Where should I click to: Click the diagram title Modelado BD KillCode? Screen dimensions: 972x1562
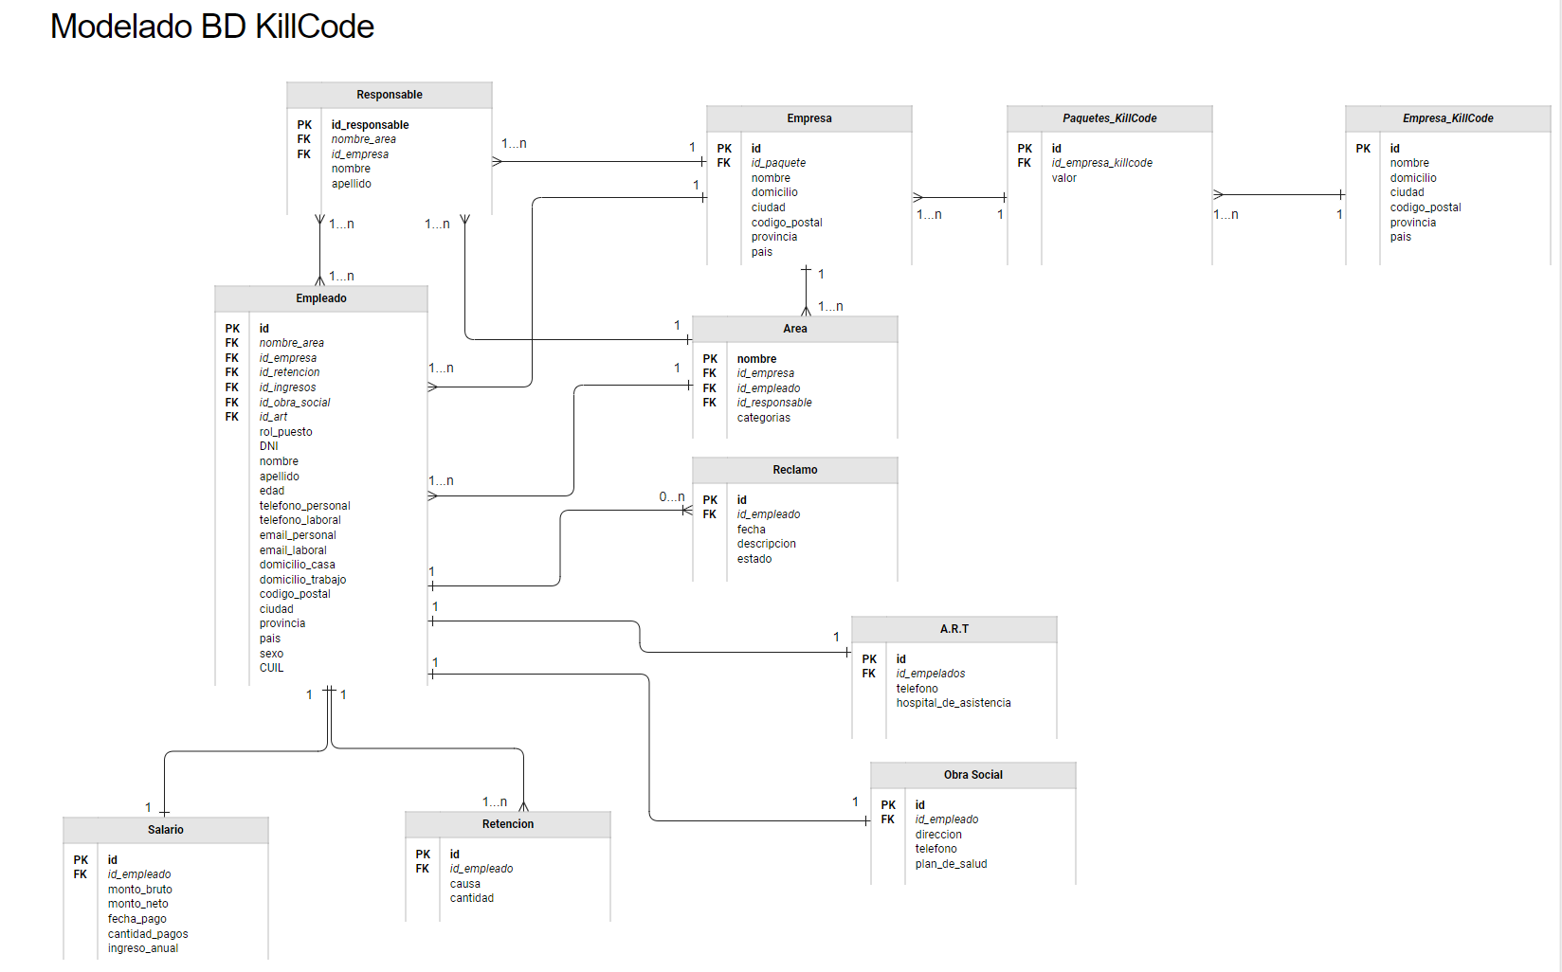(211, 27)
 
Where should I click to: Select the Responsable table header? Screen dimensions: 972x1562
(389, 95)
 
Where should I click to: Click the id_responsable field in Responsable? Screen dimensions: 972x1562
(370, 125)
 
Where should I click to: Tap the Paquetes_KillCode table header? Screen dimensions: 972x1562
(1109, 118)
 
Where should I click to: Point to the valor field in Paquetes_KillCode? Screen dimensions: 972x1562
(1063, 178)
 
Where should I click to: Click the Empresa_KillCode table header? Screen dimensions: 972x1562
(1447, 118)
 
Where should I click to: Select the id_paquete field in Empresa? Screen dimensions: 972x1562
(778, 163)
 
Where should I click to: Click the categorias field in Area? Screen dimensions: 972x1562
(763, 418)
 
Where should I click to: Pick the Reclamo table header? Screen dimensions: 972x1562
(794, 470)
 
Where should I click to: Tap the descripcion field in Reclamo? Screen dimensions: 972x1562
(766, 544)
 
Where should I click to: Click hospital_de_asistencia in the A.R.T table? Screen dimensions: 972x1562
(953, 703)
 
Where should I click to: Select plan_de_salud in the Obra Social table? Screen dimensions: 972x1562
(951, 864)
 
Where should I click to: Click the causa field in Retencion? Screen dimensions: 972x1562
(464, 884)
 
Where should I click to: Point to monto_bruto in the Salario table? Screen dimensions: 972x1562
(139, 890)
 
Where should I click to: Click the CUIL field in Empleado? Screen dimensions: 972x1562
(271, 668)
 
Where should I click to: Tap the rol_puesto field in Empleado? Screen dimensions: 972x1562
(285, 432)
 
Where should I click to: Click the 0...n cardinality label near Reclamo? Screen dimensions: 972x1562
(671, 496)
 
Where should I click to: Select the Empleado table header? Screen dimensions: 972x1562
(320, 298)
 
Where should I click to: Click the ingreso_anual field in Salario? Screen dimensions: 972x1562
(142, 948)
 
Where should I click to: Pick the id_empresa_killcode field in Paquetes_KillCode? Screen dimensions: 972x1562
(1101, 163)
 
